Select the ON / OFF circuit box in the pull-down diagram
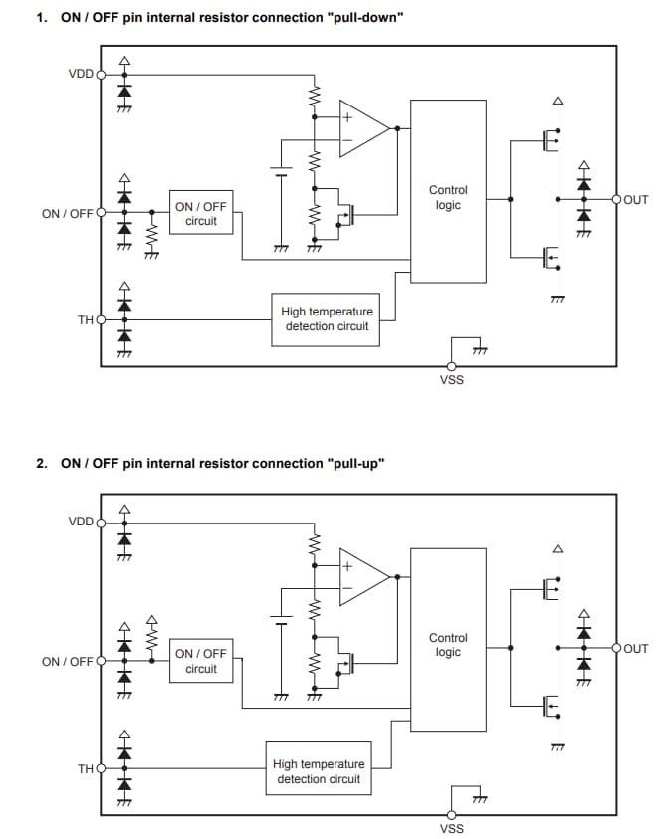(201, 213)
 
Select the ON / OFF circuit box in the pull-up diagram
(201, 661)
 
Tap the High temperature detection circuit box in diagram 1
(326, 319)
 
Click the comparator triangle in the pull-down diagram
(361, 128)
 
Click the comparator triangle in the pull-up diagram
(361, 576)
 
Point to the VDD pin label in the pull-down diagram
(81, 74)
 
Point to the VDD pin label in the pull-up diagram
(81, 522)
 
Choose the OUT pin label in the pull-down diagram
(636, 200)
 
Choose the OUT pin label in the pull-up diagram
(636, 648)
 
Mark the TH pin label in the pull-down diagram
(86, 319)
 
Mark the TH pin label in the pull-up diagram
(86, 768)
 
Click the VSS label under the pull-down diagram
(451, 379)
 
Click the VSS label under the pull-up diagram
(451, 828)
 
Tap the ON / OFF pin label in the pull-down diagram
(67, 213)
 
